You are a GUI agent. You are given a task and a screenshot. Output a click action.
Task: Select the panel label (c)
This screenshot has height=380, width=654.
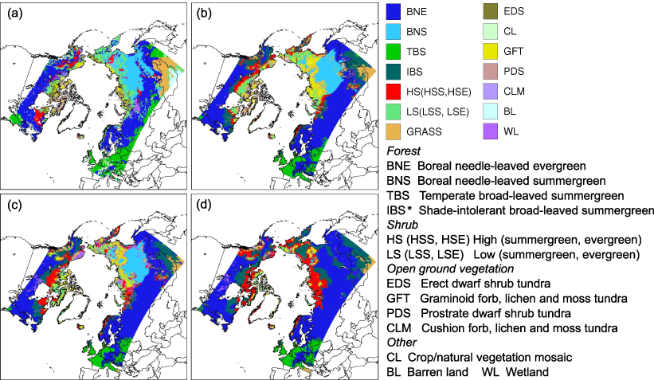point(14,202)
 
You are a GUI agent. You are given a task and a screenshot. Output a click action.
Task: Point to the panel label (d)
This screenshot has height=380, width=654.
point(204,202)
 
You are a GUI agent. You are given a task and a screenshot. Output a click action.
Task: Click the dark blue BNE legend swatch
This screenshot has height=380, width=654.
point(394,12)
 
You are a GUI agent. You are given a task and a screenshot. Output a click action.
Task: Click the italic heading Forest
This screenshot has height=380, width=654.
point(402,150)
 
